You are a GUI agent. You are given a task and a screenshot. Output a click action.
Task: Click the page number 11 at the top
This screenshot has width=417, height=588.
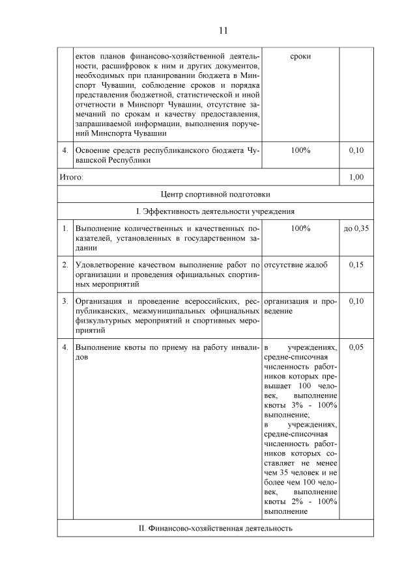(223, 31)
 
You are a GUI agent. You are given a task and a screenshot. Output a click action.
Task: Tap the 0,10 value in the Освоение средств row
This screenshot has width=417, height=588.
(356, 150)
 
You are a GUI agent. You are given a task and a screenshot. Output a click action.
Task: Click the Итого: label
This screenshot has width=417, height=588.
(71, 176)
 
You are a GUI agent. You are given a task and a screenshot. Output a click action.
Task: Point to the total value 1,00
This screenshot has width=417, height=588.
(356, 176)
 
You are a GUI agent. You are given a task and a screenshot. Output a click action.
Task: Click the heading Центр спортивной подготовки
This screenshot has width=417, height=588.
(215, 194)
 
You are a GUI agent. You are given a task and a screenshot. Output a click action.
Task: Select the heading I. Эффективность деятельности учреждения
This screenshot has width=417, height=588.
(215, 211)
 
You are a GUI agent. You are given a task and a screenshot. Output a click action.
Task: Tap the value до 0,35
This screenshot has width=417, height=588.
(356, 229)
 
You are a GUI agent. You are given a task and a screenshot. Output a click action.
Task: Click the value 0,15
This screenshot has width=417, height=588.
(356, 265)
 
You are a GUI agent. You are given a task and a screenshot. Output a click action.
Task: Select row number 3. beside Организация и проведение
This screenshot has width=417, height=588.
(65, 301)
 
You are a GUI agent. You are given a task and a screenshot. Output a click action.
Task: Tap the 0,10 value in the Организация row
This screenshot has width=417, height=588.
(356, 301)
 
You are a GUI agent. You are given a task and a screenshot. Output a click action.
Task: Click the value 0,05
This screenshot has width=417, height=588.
(356, 347)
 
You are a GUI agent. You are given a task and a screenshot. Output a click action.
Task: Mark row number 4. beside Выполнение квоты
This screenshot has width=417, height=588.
(65, 347)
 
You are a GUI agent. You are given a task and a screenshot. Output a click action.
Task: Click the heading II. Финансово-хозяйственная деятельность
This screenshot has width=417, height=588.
(215, 528)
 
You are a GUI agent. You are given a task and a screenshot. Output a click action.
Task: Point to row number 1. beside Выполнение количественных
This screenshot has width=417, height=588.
(65, 229)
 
